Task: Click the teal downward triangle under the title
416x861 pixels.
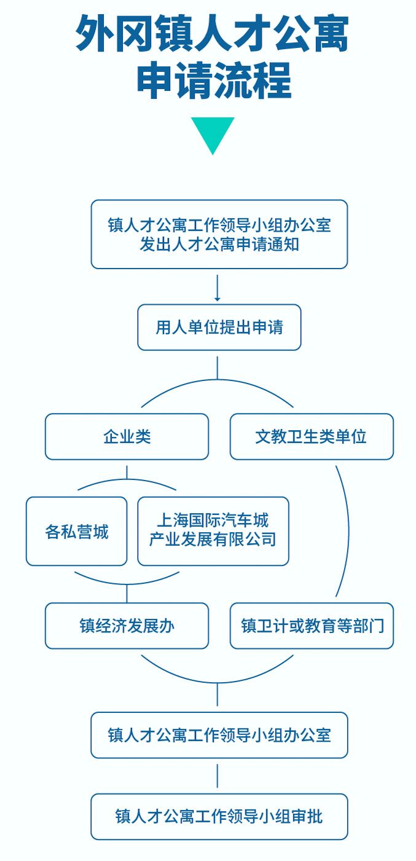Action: click(212, 133)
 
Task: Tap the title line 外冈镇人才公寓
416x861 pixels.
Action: click(212, 34)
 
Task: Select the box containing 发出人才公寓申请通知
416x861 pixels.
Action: click(219, 234)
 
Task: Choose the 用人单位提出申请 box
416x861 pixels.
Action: click(219, 327)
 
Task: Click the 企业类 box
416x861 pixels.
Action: click(127, 436)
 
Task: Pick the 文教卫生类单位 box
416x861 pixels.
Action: click(312, 436)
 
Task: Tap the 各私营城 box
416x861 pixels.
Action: click(76, 531)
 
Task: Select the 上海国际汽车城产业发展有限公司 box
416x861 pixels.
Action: click(213, 531)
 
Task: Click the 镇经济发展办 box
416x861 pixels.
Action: click(127, 626)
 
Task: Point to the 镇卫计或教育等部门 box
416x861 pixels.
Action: click(312, 626)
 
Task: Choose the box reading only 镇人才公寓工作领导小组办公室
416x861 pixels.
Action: click(219, 735)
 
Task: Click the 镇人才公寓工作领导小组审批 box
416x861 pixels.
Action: click(219, 816)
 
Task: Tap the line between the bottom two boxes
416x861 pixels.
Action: click(218, 776)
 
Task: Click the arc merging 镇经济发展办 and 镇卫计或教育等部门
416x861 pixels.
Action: click(218, 682)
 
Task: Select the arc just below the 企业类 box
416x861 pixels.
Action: click(127, 480)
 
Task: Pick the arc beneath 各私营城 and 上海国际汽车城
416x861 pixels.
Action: click(127, 583)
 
